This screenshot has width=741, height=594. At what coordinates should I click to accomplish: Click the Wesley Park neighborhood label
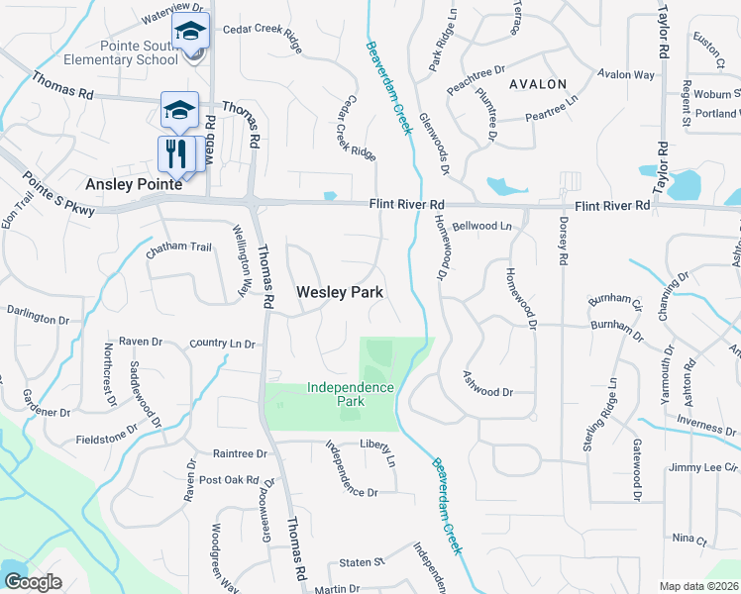[340, 293]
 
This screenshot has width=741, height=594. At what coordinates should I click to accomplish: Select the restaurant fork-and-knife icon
[177, 152]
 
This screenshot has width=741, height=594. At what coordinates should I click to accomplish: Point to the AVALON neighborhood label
[538, 84]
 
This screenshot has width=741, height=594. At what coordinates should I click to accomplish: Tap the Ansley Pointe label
[133, 184]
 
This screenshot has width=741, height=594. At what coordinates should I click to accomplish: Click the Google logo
[33, 582]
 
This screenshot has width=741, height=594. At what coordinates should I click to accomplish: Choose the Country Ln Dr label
[223, 345]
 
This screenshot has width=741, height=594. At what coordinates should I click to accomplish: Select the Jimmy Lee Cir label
[703, 467]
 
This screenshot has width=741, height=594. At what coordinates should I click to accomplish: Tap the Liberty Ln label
[376, 456]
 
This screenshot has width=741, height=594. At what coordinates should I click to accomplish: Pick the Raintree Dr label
[240, 453]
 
